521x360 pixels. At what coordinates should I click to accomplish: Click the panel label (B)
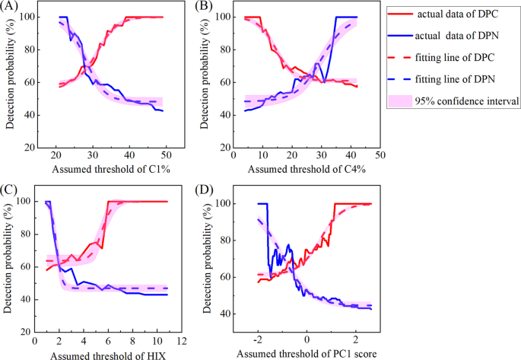click(203, 7)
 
